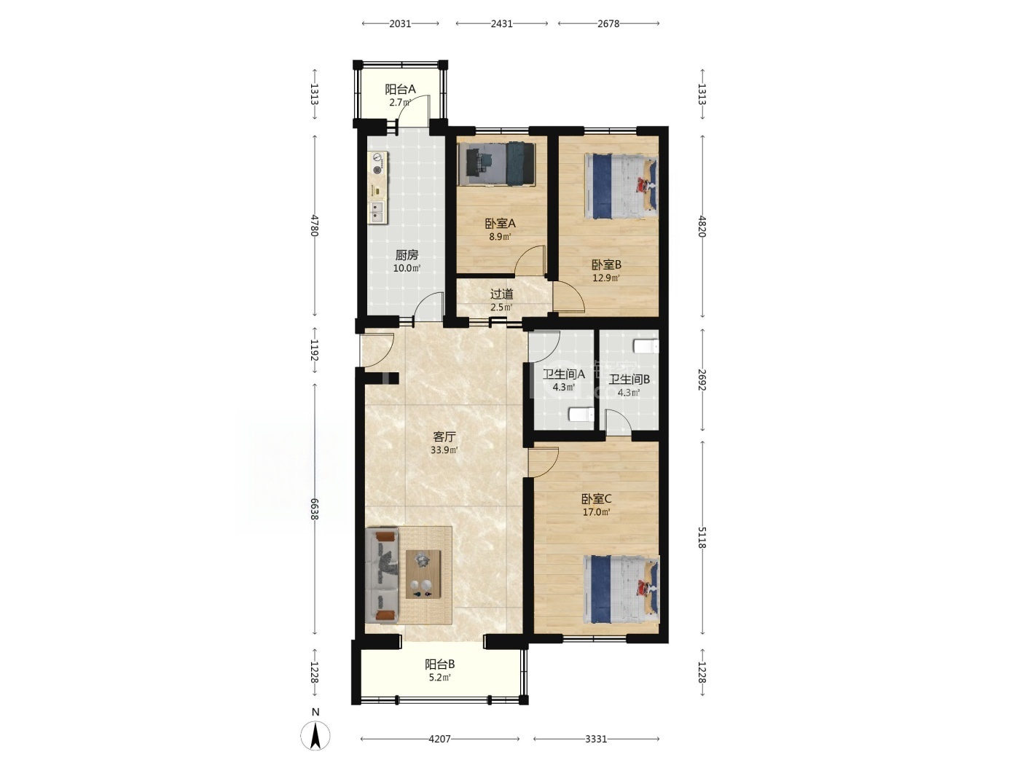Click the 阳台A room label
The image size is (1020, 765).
(x=400, y=89)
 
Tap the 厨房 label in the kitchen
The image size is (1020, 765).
(x=407, y=254)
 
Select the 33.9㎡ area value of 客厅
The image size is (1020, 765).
(x=444, y=450)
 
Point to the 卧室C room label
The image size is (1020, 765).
(x=596, y=499)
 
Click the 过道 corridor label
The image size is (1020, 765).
(x=502, y=294)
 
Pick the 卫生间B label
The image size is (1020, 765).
(x=629, y=380)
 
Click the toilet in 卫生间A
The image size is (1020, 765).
(x=581, y=415)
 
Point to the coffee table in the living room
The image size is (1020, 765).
(x=423, y=574)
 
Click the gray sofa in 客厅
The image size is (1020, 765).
(x=382, y=575)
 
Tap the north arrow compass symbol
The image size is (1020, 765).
(x=315, y=736)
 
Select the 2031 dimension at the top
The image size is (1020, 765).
(x=400, y=23)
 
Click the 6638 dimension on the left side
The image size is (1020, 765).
(x=315, y=509)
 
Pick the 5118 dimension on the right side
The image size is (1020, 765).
(x=702, y=538)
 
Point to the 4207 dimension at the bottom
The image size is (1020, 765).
(x=439, y=739)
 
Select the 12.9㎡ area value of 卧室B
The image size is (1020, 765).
(x=606, y=278)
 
